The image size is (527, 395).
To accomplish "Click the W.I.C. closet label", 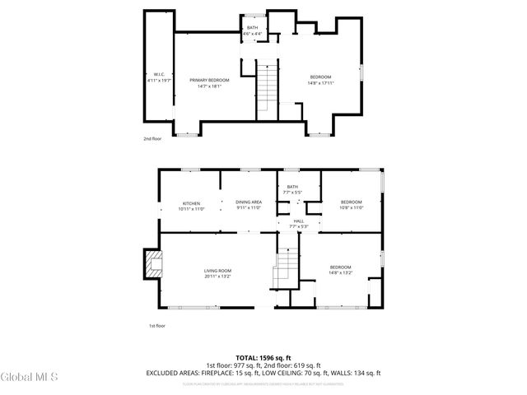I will [158, 77].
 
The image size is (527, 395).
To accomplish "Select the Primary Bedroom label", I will [209, 81].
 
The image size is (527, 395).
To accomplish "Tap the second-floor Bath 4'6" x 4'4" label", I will [252, 30].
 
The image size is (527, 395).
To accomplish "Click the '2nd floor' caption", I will [153, 139].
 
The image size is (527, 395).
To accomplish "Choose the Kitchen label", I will [192, 206].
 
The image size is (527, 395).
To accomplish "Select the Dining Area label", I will [249, 206].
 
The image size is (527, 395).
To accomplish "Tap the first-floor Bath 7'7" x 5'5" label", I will [291, 190].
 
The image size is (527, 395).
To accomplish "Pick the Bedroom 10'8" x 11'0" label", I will [351, 205].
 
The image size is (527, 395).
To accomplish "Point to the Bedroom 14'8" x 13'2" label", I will [340, 269].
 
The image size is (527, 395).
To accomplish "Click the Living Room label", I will [218, 273].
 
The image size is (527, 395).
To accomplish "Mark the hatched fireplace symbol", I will [152, 265].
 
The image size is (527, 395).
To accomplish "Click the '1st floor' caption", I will [157, 326].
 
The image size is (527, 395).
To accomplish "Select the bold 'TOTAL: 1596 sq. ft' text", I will [263, 358].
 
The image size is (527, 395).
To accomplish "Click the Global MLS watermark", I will [30, 378].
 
